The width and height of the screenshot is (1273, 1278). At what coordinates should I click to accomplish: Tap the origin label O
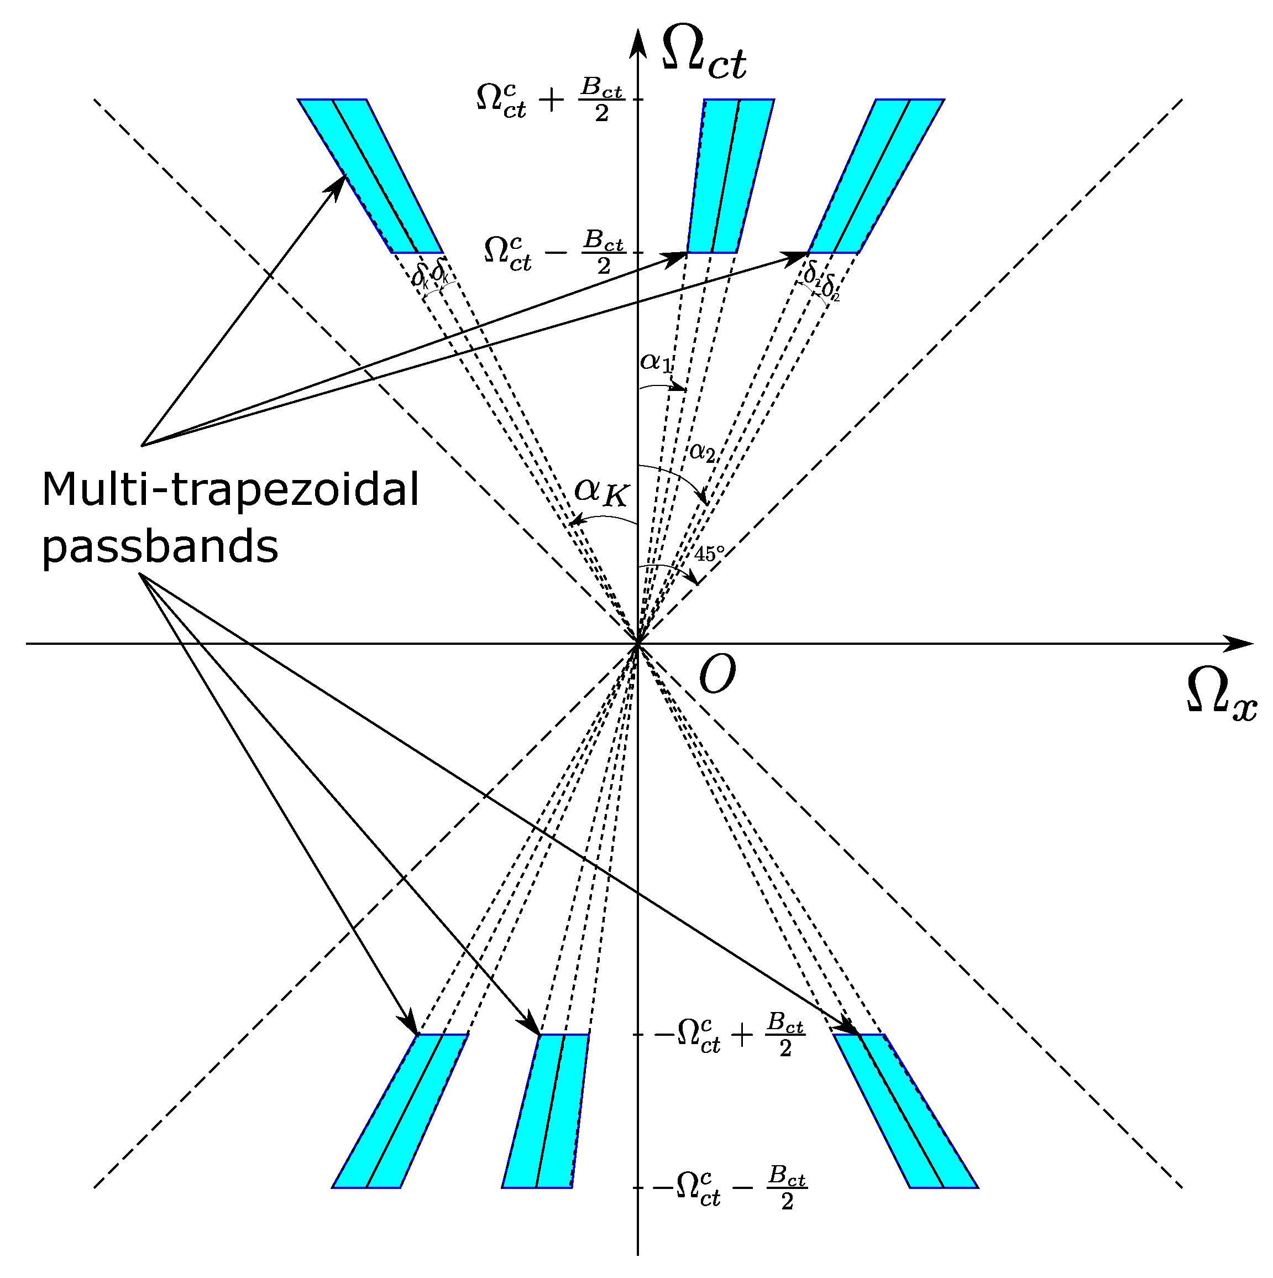pos(717,675)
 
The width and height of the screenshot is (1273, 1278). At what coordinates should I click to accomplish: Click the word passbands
pos(160,547)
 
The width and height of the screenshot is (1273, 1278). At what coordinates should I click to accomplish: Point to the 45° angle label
pos(709,553)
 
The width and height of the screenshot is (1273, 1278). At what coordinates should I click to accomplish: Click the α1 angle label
pos(656,363)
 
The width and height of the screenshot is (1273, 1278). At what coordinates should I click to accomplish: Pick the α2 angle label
pos(703,452)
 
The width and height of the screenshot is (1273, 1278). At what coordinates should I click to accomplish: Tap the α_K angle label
pos(600,492)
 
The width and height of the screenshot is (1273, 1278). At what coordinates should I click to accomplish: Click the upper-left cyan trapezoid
pos(370,176)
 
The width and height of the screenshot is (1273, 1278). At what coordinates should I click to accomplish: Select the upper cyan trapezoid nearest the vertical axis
pos(730,176)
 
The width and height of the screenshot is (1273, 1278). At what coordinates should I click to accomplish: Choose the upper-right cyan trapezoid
pos(876,176)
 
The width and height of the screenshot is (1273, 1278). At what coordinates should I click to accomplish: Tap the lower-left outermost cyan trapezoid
pos(400,1112)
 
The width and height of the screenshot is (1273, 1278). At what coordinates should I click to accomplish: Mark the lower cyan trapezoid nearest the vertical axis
pos(546,1112)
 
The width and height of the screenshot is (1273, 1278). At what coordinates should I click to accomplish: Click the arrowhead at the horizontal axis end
pos(1239,643)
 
